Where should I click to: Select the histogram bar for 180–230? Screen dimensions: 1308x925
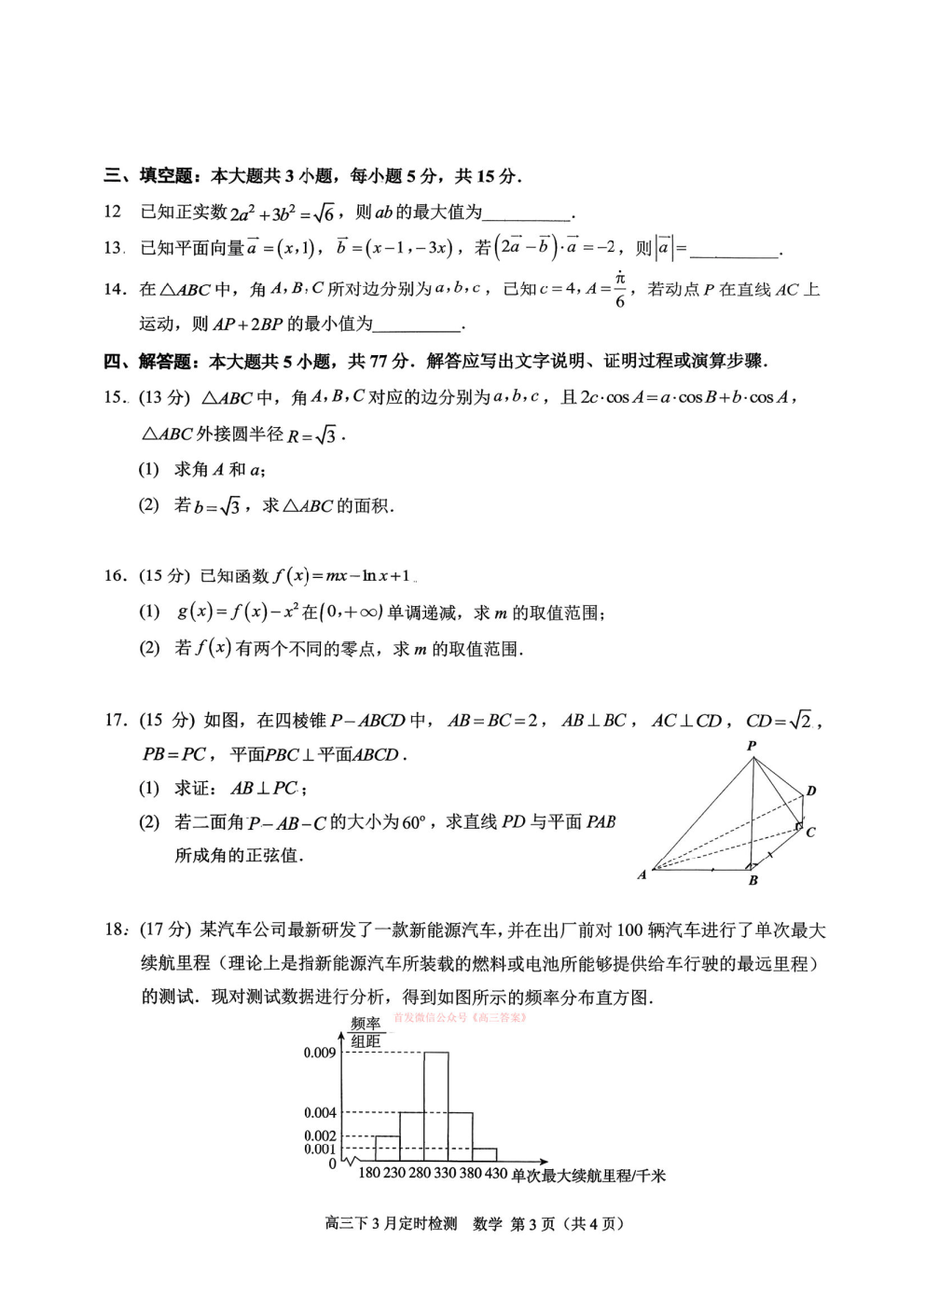pyautogui.click(x=387, y=1148)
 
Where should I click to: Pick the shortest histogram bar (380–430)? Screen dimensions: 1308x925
pyautogui.click(x=484, y=1154)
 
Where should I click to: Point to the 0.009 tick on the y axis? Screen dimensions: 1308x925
pyautogui.click(x=319, y=1053)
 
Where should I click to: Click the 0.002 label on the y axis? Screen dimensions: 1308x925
pyautogui.click(x=319, y=1136)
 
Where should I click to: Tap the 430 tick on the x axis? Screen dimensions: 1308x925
pyautogui.click(x=496, y=1173)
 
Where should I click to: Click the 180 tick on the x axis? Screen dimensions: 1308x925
pyautogui.click(x=369, y=1173)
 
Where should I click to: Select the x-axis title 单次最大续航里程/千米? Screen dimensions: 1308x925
pyautogui.click(x=588, y=1176)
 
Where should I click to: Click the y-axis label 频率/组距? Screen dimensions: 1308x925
pyautogui.click(x=366, y=1032)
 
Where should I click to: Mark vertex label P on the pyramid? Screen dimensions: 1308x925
pyautogui.click(x=752, y=746)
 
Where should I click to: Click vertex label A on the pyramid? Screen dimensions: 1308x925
pyautogui.click(x=642, y=874)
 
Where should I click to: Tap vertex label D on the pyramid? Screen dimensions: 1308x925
pyautogui.click(x=811, y=792)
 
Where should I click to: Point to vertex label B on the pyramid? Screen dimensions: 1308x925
pyautogui.click(x=753, y=880)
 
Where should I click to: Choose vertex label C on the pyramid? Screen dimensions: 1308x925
pyautogui.click(x=810, y=832)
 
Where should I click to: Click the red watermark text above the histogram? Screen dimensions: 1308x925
pyautogui.click(x=460, y=1017)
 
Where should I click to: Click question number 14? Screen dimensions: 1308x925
pyautogui.click(x=114, y=290)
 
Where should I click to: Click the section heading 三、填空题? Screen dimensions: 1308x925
pyautogui.click(x=148, y=175)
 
